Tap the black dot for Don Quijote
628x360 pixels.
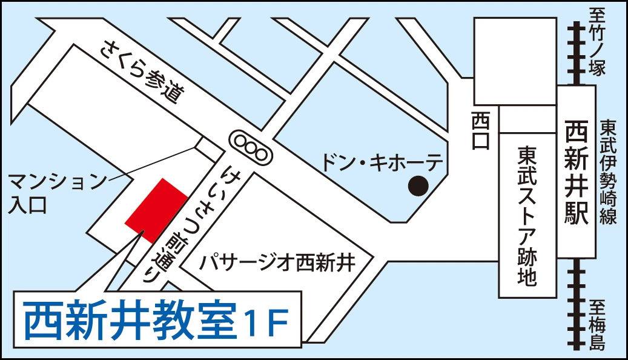[x=417, y=185]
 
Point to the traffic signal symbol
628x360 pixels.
[x=251, y=147]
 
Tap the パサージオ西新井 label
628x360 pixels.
[x=278, y=263]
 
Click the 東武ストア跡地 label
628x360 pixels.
[x=526, y=215]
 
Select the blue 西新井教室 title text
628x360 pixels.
[x=130, y=321]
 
